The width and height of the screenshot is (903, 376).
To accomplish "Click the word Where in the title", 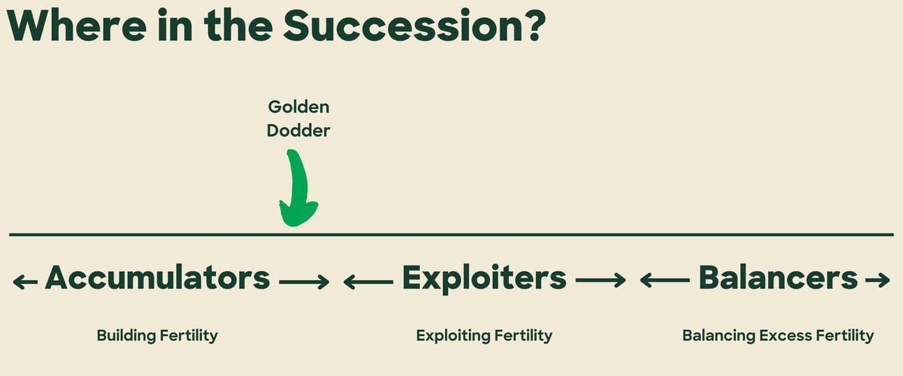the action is [77, 26].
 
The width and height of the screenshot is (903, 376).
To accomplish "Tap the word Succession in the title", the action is [403, 25].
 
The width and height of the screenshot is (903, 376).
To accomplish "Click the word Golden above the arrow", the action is [298, 107].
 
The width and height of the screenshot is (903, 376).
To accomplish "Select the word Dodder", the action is [298, 131].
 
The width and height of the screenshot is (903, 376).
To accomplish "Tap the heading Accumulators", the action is [157, 277].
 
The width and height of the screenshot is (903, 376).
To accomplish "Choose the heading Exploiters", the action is [484, 279].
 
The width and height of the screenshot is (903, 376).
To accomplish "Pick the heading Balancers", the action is [778, 277].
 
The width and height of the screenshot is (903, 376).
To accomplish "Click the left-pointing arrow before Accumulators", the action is [25, 282].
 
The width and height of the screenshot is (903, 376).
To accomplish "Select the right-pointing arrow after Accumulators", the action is [304, 282].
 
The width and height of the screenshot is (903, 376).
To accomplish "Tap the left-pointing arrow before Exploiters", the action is [368, 282].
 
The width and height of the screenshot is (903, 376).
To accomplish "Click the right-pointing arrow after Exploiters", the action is [600, 280].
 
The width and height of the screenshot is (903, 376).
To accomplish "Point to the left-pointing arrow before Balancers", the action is [665, 280].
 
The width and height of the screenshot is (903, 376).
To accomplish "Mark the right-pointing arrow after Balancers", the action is [878, 280].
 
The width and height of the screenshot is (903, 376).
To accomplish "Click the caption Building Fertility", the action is [157, 335].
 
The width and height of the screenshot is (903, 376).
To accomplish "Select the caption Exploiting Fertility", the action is [484, 335].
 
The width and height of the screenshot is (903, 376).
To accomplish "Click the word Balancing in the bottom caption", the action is [718, 335].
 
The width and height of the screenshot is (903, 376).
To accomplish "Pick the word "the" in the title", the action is [238, 25].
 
